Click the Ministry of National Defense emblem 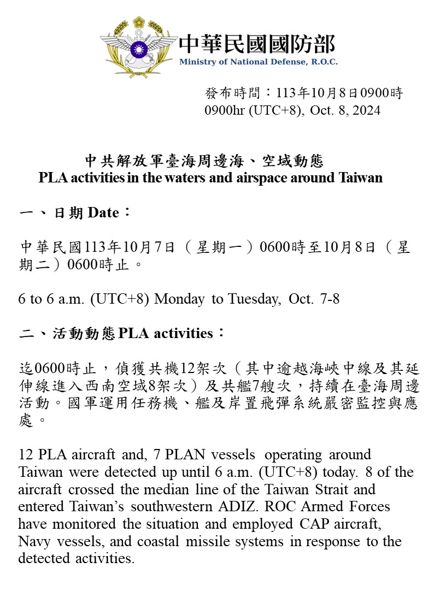(x=139, y=46)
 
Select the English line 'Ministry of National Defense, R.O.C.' (x=258, y=62)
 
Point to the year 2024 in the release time (x=367, y=110)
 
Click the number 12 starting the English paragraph (x=25, y=454)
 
